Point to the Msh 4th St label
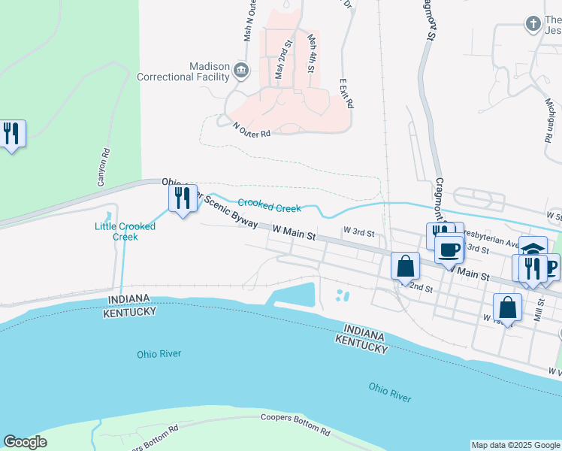[x=311, y=53]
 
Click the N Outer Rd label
[x=251, y=130]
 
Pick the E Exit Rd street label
[x=346, y=93]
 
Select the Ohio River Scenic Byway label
[x=210, y=203]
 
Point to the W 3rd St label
[x=358, y=231]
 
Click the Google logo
[x=26, y=442]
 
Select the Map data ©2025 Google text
[x=515, y=445]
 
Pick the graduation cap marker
[x=533, y=249]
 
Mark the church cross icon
[x=533, y=24]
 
